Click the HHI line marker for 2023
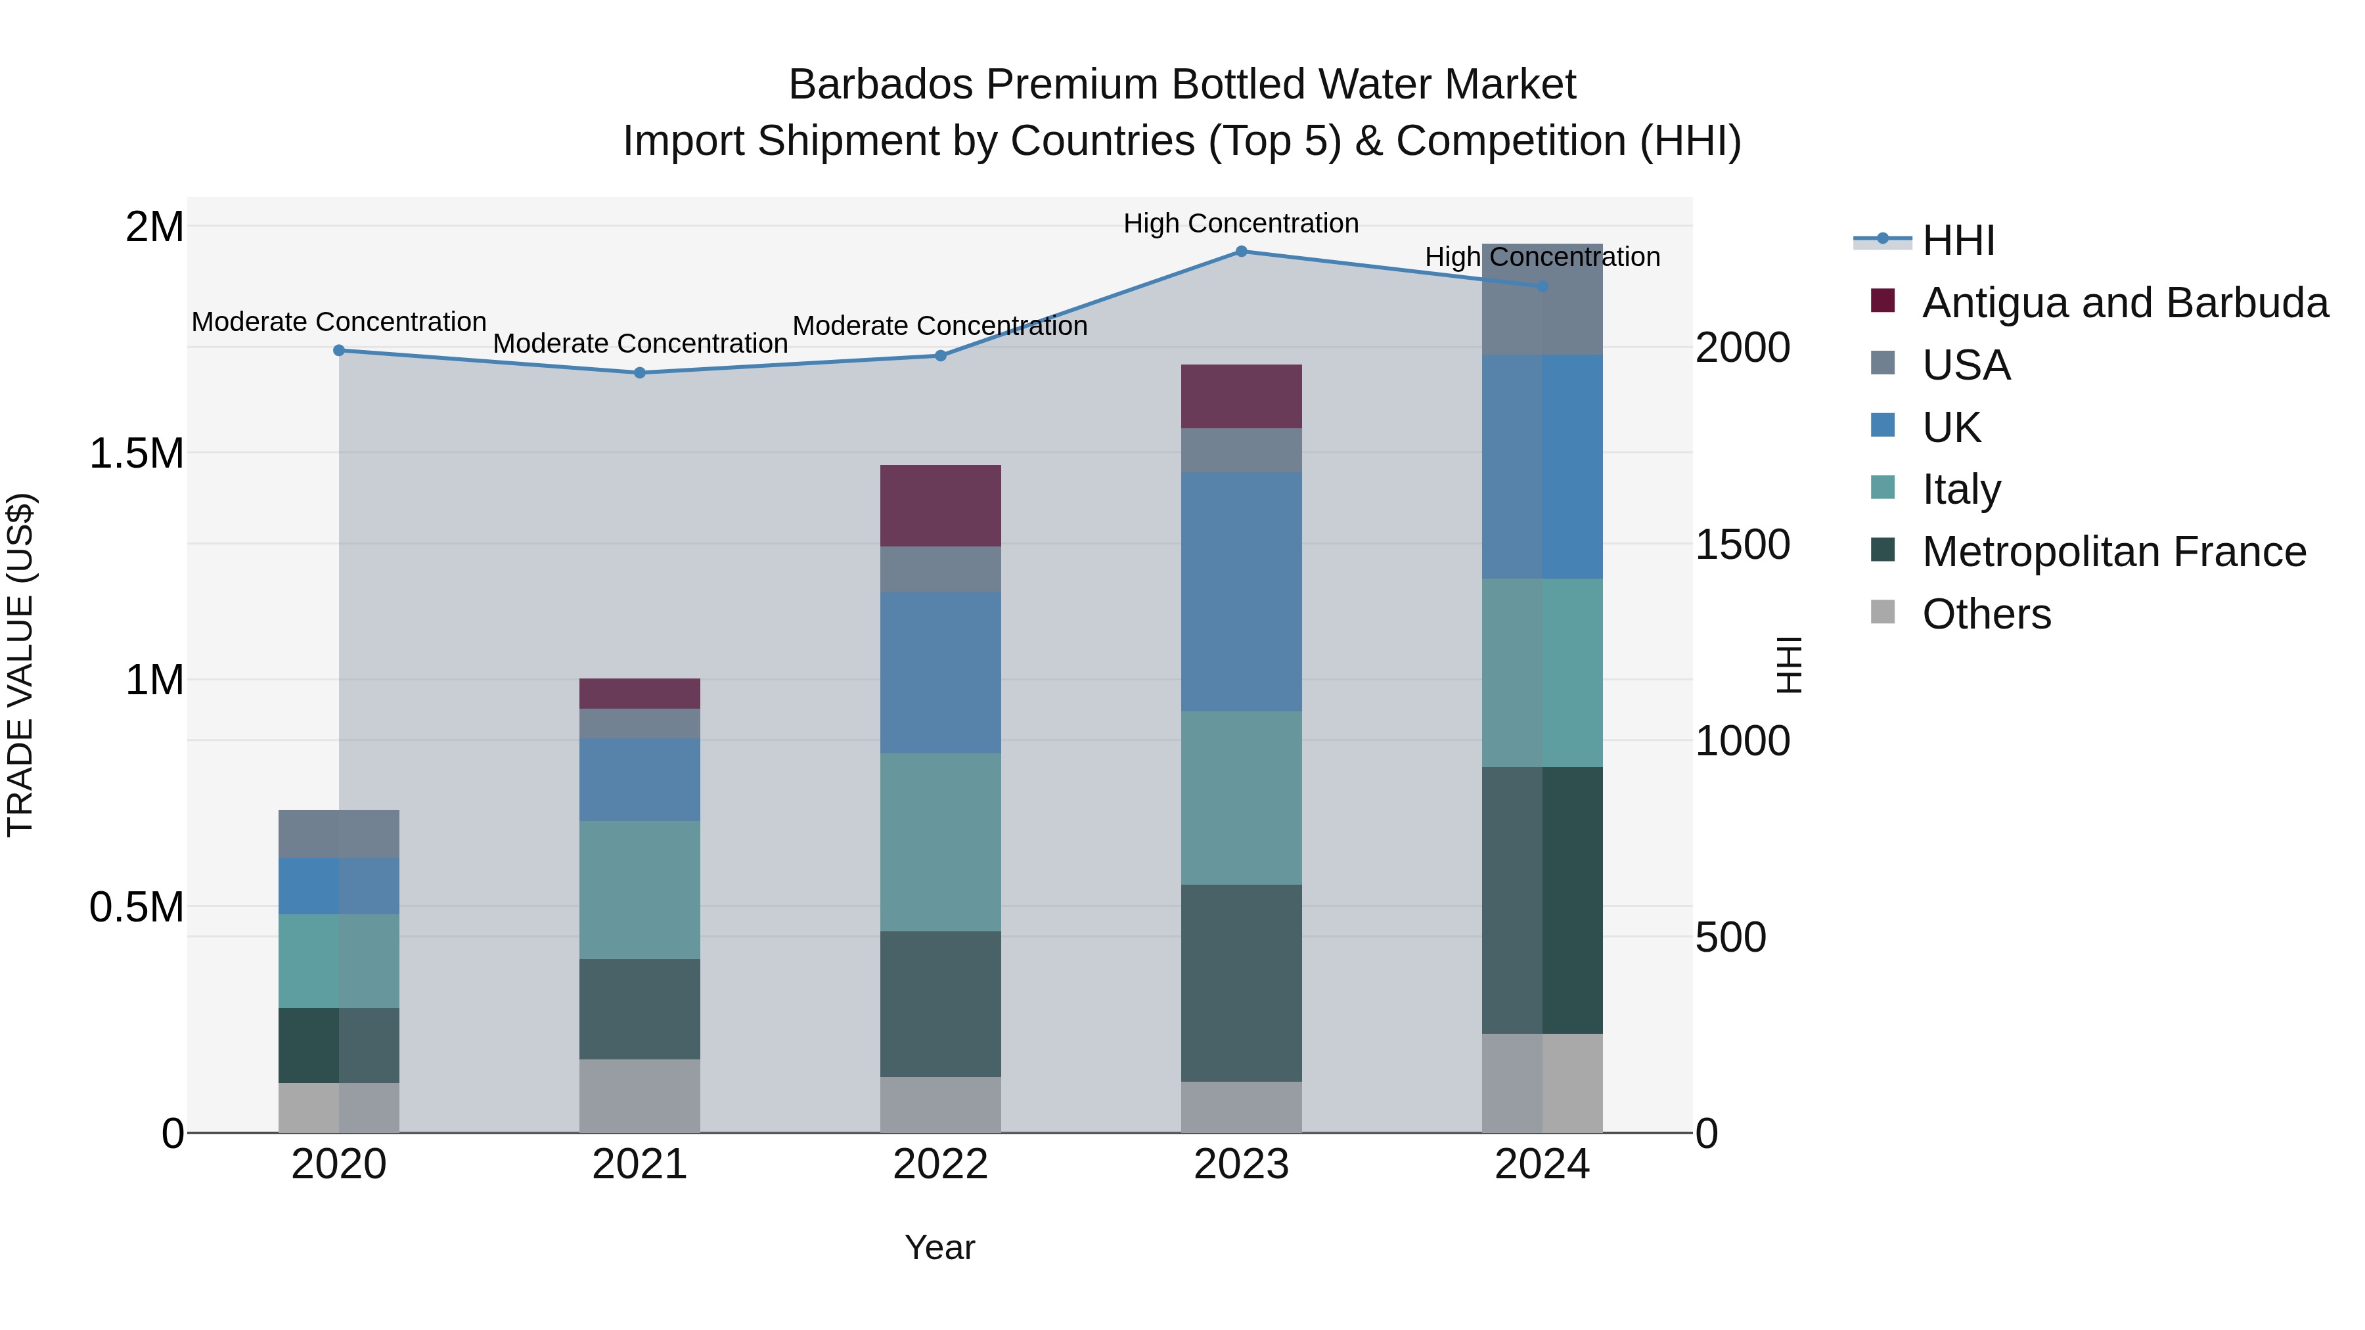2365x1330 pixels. pos(1241,251)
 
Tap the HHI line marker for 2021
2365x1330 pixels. pos(640,372)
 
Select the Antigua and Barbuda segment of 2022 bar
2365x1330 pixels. pos(940,506)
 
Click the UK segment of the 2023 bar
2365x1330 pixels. pos(1241,592)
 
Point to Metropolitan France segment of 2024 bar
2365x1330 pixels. pos(1543,900)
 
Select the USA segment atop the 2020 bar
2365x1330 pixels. pos(339,833)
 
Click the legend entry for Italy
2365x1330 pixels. pos(1961,489)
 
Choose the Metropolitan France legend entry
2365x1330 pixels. pos(2113,552)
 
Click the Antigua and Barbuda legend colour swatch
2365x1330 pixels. pos(1883,301)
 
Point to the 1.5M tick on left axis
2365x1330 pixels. pos(137,453)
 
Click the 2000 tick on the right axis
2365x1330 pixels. pos(1742,348)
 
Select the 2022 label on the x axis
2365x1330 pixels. pos(940,1164)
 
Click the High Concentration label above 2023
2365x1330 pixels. pos(1241,223)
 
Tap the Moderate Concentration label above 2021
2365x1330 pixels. pos(640,344)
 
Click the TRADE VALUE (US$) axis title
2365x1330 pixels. pos(20,665)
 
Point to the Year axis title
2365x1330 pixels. pos(940,1247)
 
